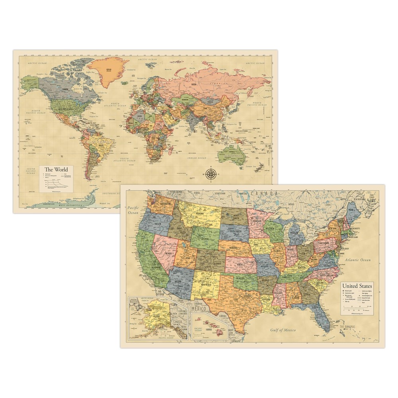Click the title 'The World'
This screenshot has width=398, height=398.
tap(56, 170)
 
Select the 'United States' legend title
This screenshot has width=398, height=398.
tap(357, 286)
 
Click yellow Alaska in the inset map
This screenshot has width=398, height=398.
tap(154, 316)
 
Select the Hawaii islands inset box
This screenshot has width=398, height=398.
tap(210, 326)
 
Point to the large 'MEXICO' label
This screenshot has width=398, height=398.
tap(199, 308)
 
